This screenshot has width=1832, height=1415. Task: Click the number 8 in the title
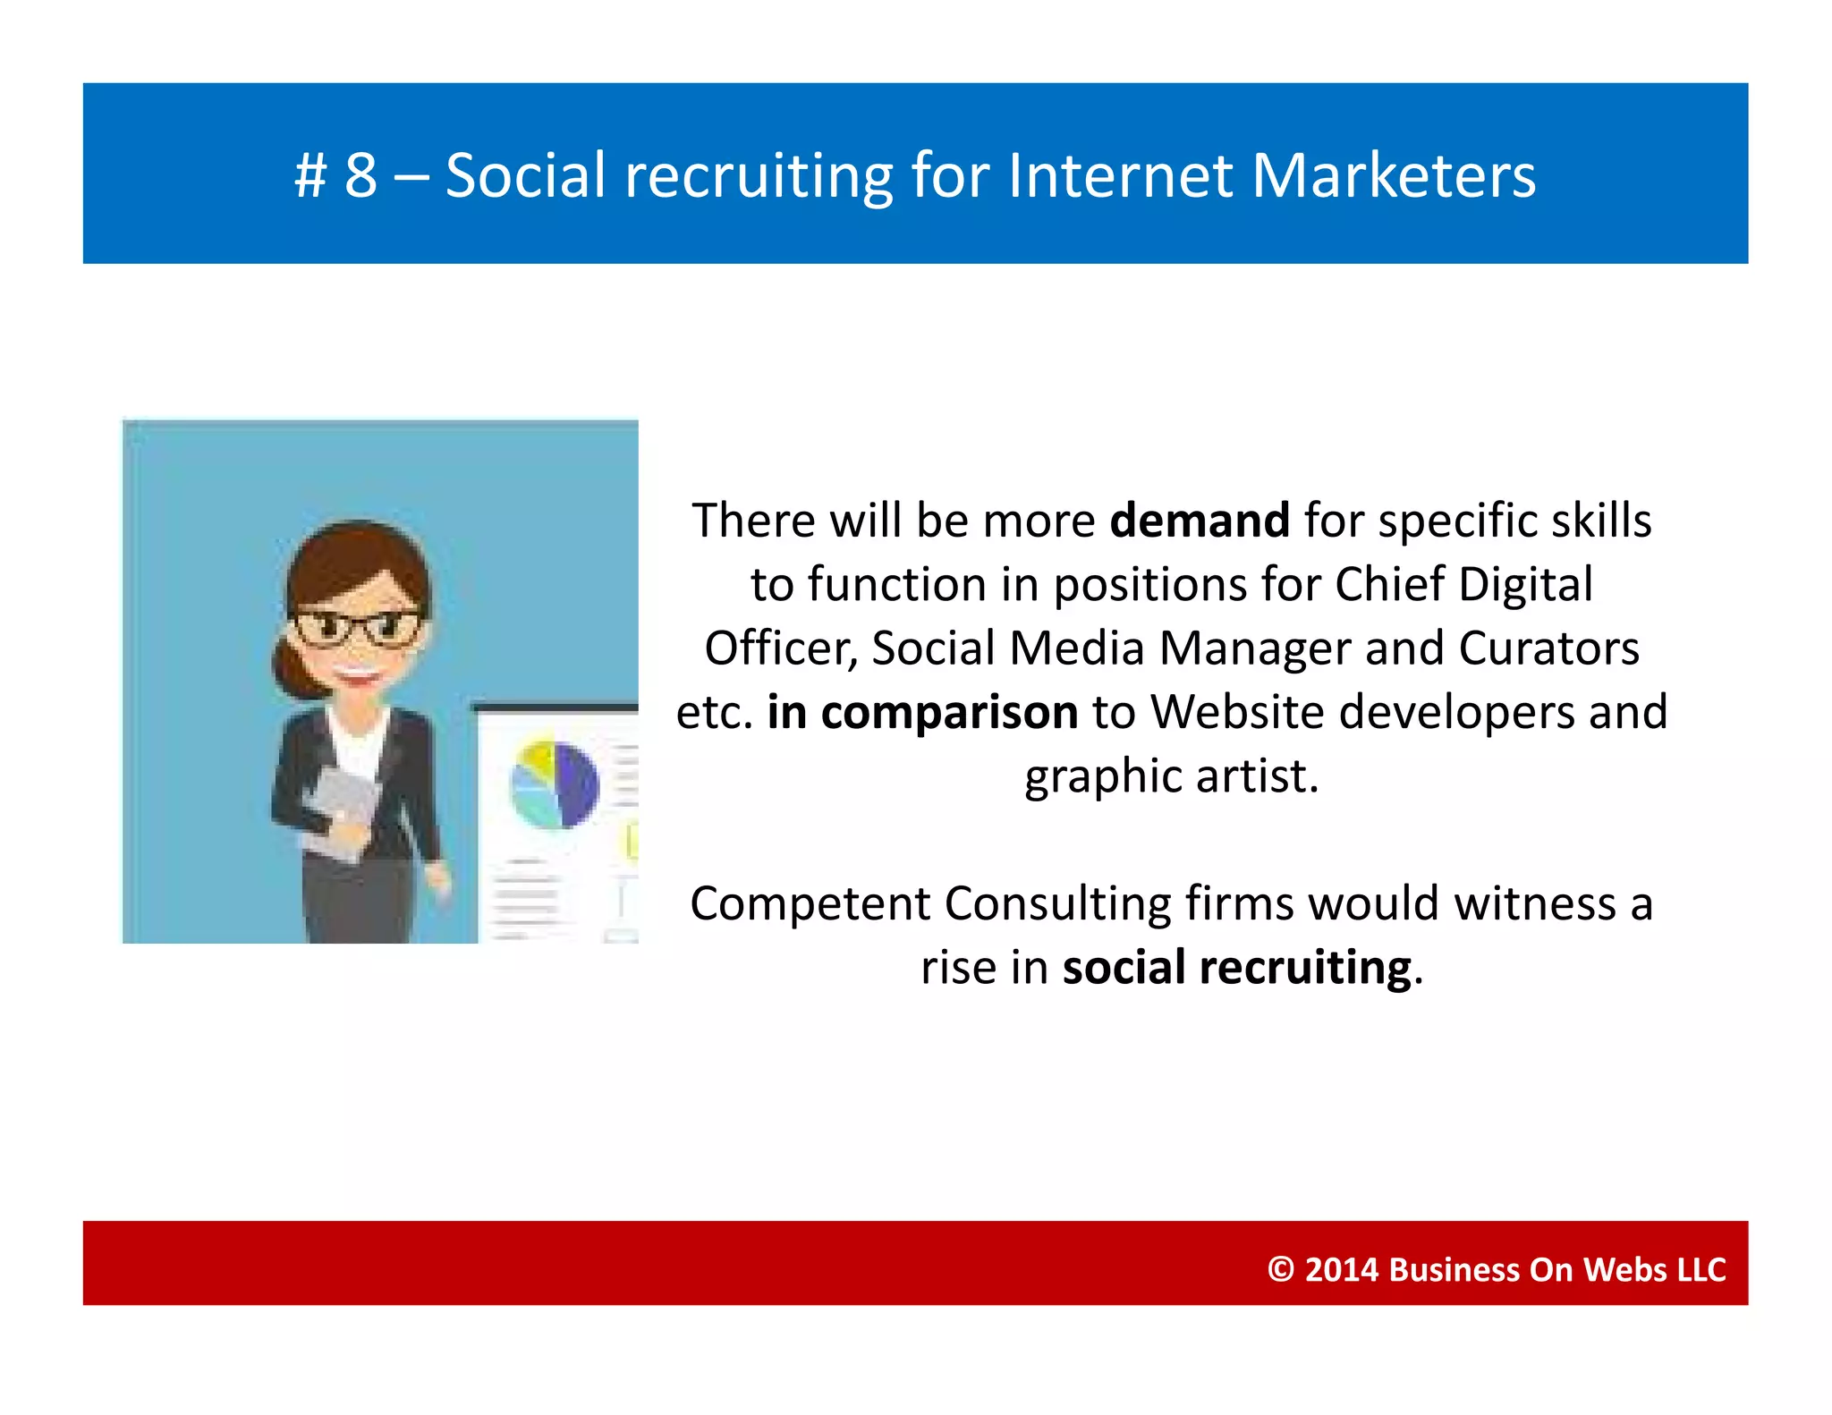pos(360,175)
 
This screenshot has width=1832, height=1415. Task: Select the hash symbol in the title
pos(310,175)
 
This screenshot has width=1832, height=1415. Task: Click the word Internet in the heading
pos(1119,175)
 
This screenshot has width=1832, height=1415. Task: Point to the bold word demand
pos(1199,521)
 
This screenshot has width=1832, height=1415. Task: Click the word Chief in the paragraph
pos(1389,585)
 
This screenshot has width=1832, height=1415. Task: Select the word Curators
pos(1548,648)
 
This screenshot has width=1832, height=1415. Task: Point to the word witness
pos(1535,904)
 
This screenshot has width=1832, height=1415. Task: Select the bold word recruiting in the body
pos(1305,969)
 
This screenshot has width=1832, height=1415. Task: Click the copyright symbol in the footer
pos(1281,1270)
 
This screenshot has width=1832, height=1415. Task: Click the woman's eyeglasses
pos(357,627)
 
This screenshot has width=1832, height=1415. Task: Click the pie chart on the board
pos(554,785)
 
